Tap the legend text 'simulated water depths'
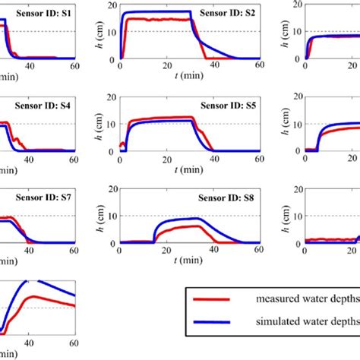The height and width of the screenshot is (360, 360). [x=311, y=333]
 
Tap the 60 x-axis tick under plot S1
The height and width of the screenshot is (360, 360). [x=74, y=66]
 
